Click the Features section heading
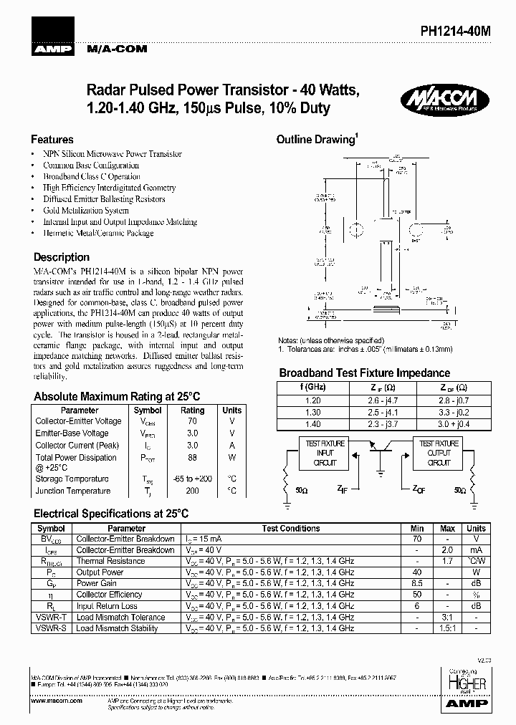tap(52, 140)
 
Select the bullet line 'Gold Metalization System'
tap(86, 211)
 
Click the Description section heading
tap(62, 257)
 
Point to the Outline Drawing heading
tap(317, 140)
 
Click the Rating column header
tap(192, 410)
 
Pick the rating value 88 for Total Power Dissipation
tap(192, 457)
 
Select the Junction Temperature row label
tap(73, 491)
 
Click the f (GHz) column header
tap(312, 387)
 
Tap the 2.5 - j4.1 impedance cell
tap(383, 413)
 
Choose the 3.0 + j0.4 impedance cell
tap(454, 424)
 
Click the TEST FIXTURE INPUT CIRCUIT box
tap(325, 453)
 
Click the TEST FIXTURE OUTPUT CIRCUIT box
tap(439, 453)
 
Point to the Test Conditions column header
tap(291, 529)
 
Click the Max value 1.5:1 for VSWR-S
tap(448, 628)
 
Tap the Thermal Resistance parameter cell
tap(100, 561)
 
